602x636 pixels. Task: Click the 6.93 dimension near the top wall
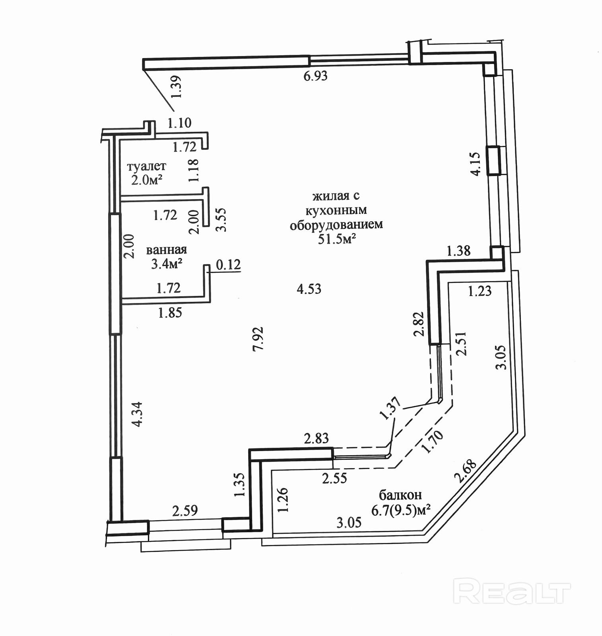315,76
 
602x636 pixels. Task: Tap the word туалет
146,166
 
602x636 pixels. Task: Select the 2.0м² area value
147,180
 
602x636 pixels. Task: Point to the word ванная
166,250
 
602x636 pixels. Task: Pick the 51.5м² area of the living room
336,239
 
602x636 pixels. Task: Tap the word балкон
400,495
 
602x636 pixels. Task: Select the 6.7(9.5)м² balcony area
401,510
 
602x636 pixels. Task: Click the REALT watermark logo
512,591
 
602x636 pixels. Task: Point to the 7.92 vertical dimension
258,339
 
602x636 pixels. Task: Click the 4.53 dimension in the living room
309,289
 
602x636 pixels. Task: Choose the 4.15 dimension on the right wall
476,163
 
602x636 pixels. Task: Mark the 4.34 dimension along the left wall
137,415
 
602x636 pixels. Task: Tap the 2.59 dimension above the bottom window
185,510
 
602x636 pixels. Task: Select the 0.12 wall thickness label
228,264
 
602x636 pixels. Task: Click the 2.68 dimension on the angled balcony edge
465,471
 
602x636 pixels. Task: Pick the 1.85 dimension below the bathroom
170,313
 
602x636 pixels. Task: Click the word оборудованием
336,225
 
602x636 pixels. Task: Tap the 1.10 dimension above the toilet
179,123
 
